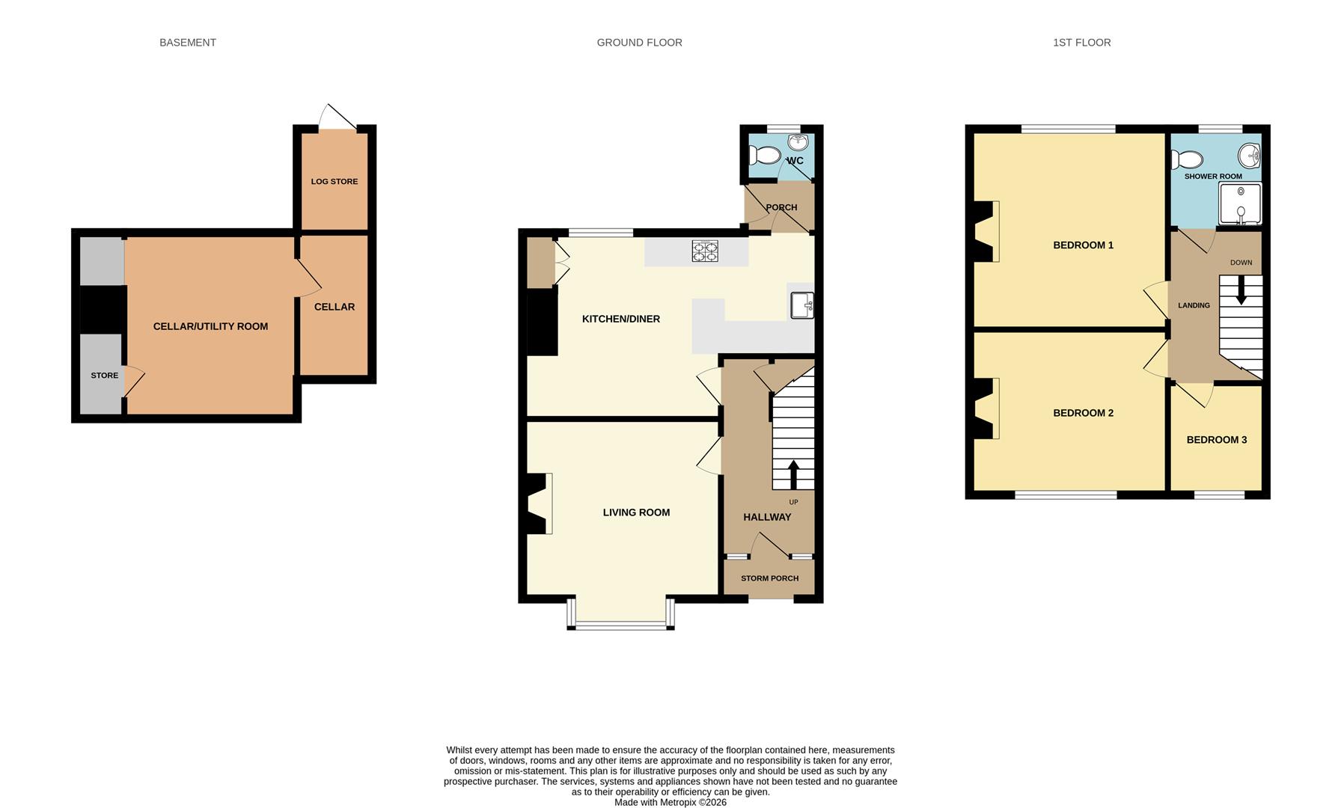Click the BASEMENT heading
[188, 43]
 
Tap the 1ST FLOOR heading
[1081, 43]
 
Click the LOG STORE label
[335, 182]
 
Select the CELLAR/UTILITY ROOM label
[210, 326]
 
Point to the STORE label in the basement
[105, 376]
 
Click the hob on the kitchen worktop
[705, 251]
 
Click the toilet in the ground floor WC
[764, 155]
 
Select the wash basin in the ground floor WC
[797, 143]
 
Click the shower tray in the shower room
[1240, 203]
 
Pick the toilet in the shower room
[1188, 159]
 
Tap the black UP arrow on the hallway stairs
[792, 474]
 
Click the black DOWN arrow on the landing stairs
[1241, 290]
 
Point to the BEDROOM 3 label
[1217, 440]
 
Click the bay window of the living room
[621, 613]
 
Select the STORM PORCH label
[769, 578]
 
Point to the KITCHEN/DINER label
[621, 319]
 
